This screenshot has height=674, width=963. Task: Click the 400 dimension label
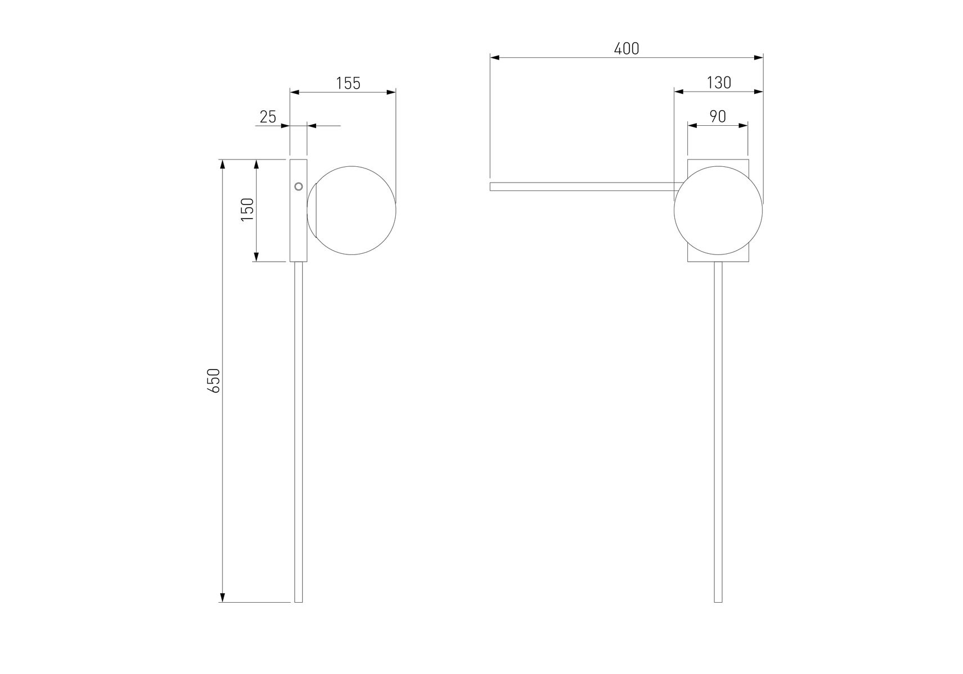[x=627, y=49]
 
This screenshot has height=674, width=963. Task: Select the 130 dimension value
[x=719, y=83]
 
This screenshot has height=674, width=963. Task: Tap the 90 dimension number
[x=718, y=117]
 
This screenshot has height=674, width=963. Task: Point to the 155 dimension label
[x=348, y=83]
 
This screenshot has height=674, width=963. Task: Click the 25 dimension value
[x=268, y=117]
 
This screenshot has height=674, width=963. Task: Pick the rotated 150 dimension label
[x=248, y=210]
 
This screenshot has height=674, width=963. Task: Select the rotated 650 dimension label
[x=214, y=380]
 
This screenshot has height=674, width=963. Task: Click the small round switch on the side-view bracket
[x=299, y=186]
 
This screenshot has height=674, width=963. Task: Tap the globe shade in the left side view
[x=352, y=211]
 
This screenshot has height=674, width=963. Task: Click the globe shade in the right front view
[x=718, y=211]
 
